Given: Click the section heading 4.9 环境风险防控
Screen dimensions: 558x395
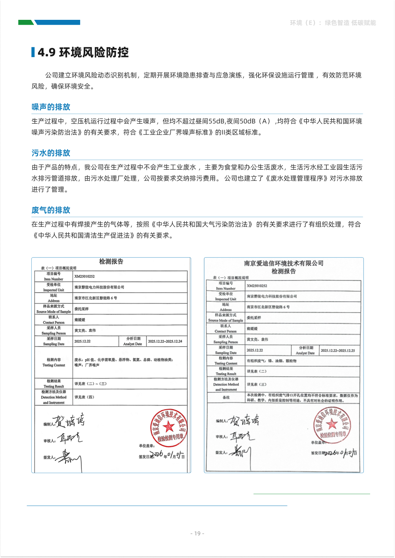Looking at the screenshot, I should (x=83, y=52).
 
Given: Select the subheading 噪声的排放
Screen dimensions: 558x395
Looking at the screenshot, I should (x=51, y=107).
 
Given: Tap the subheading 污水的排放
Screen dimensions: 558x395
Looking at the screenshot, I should (x=51, y=153).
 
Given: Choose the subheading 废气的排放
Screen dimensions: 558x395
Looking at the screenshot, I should (x=51, y=210).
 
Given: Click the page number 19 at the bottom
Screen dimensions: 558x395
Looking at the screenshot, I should (x=197, y=533).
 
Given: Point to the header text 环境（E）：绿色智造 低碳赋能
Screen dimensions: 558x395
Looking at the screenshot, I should (x=333, y=23).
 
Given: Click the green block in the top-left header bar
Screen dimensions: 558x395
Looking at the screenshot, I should (x=25, y=23).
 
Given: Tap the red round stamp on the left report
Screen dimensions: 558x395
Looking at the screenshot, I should (x=169, y=428).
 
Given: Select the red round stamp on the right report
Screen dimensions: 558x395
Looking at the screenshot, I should (x=332, y=425).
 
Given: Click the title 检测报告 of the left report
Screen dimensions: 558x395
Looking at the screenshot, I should (x=111, y=262).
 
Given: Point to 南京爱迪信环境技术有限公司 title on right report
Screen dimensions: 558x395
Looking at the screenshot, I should (x=284, y=263).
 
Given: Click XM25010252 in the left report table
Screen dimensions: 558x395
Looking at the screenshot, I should (x=84, y=276).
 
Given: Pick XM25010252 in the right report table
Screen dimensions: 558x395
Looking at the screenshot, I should (x=257, y=286).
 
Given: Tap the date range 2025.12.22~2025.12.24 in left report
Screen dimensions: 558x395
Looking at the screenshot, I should (x=165, y=341).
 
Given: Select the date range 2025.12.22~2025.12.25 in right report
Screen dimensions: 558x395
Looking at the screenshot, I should (x=337, y=351).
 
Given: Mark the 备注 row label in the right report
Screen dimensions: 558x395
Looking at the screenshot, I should (x=226, y=397).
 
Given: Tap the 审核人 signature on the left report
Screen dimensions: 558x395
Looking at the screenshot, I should (x=69, y=438).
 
